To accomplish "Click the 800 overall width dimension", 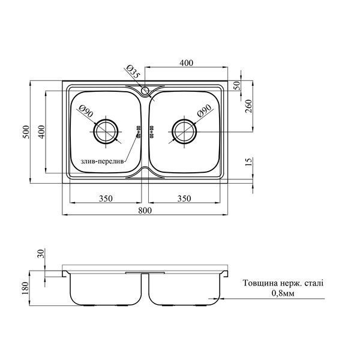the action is [x=145, y=210].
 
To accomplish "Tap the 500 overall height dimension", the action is [x=26, y=132].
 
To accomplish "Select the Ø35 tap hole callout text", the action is [x=133, y=71].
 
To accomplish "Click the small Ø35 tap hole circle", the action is [x=145, y=91].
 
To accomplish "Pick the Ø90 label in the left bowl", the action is [x=86, y=111].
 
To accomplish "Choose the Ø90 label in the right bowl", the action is [x=204, y=111].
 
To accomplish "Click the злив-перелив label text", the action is [x=103, y=161].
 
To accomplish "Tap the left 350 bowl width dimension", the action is [x=106, y=198].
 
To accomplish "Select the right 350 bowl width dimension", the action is [x=184, y=198].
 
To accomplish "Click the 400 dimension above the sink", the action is [x=186, y=62].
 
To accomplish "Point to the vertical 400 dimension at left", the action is [x=41, y=132].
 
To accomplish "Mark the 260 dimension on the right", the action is [x=249, y=106].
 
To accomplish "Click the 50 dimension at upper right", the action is [x=238, y=85].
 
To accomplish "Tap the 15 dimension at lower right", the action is [x=249, y=162].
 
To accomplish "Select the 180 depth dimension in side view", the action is [x=25, y=289].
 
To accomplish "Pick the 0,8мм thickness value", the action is [x=283, y=293].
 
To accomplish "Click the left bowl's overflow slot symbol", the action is [x=139, y=132].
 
